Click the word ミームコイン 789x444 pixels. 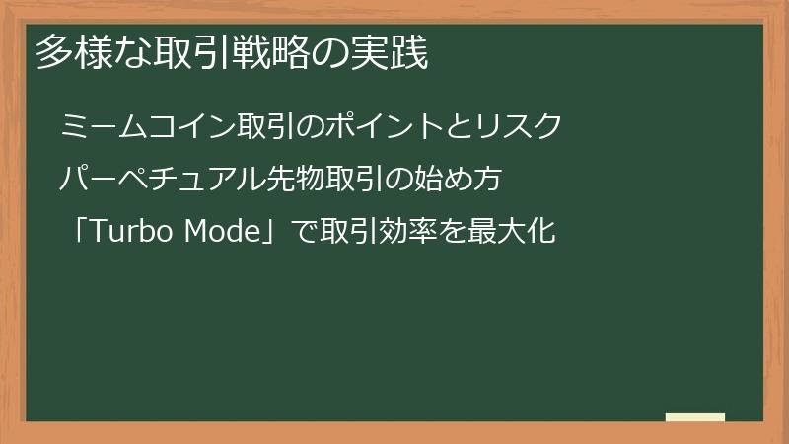(147, 127)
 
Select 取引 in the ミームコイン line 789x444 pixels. (264, 127)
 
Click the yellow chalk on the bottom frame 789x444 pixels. (694, 417)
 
